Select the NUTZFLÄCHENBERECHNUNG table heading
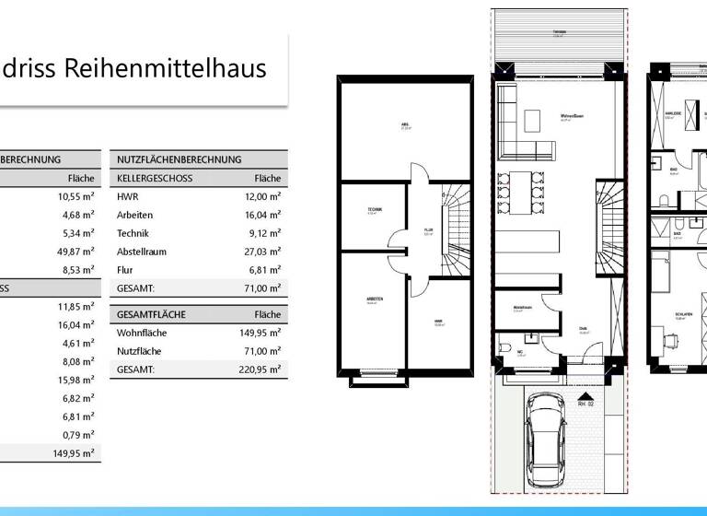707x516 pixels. pos(179,159)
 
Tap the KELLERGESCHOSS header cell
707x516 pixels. pos(155,178)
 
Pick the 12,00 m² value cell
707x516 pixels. pos(262,196)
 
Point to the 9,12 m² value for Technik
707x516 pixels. pos(264,233)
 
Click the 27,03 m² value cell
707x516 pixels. pos(262,252)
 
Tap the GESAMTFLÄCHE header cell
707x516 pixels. pos(151,314)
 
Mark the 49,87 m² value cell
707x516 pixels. pos(75,252)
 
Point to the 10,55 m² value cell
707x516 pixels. pos(75,196)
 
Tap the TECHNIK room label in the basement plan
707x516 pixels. pos(374,209)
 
